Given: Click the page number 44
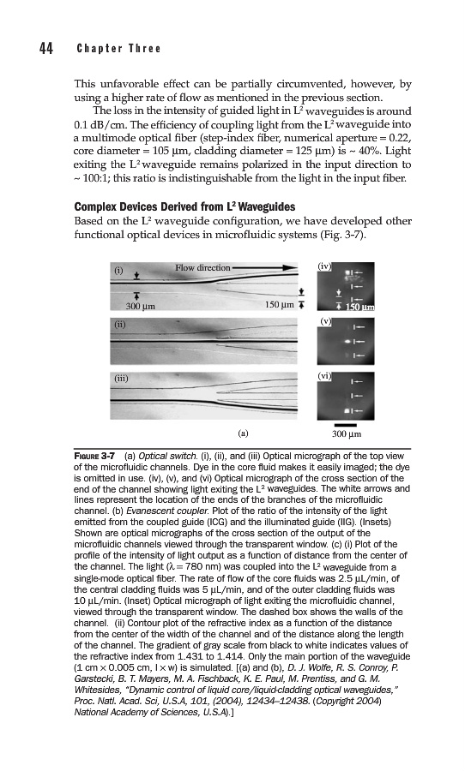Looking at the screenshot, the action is click(46, 49).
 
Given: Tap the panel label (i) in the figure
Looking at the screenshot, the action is click(118, 271).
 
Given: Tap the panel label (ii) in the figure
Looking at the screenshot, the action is click(120, 325).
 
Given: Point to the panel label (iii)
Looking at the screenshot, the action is click(121, 380).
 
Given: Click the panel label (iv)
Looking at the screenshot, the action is click(324, 266).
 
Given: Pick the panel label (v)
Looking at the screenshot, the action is click(324, 321).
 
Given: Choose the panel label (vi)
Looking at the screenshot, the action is click(324, 376).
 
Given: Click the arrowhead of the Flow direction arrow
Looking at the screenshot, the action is click(291, 268).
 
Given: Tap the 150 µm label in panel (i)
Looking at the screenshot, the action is click(280, 305).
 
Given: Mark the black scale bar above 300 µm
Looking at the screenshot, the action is click(345, 425).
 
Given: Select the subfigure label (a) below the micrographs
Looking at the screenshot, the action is click(243, 433).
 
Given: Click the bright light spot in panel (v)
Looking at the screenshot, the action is click(348, 340).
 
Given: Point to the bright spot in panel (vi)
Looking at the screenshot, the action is click(347, 409).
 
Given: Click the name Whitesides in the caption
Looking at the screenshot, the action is click(95, 690).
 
